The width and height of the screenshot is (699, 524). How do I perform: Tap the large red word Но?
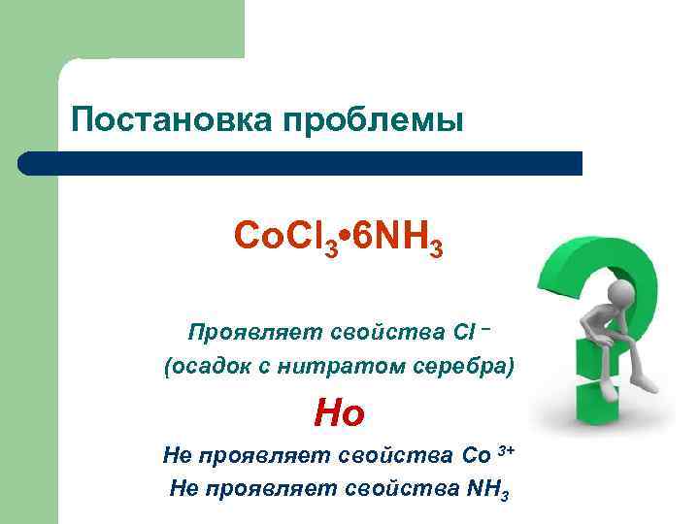(339, 414)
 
